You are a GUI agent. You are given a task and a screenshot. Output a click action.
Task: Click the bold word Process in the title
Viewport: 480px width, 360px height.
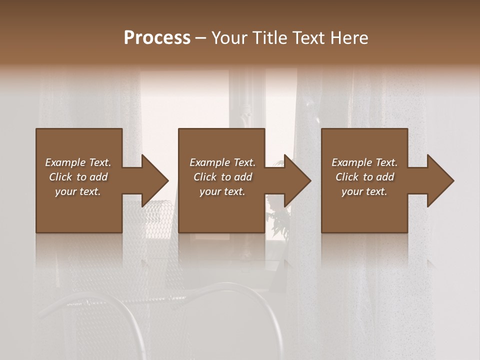click(157, 38)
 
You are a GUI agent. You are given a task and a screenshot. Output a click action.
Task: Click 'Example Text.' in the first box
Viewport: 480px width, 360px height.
click(78, 162)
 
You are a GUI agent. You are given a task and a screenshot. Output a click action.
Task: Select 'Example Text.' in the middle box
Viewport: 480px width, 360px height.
click(222, 162)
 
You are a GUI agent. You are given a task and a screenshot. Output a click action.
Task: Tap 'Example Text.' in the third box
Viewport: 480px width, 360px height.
click(364, 162)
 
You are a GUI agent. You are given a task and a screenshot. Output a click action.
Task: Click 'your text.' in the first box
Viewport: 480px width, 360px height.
click(78, 191)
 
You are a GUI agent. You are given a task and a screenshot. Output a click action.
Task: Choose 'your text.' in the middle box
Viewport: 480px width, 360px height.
click(222, 191)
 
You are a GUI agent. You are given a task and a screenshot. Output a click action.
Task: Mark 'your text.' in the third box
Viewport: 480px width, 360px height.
click(364, 191)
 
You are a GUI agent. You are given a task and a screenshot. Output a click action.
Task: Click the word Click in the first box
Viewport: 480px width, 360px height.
click(61, 177)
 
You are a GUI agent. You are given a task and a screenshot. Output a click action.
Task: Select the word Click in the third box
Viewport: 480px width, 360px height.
click(347, 177)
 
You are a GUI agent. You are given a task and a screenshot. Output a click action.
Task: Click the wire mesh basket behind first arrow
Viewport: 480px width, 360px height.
click(150, 220)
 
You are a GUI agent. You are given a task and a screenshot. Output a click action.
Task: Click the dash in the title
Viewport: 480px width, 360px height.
click(201, 38)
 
